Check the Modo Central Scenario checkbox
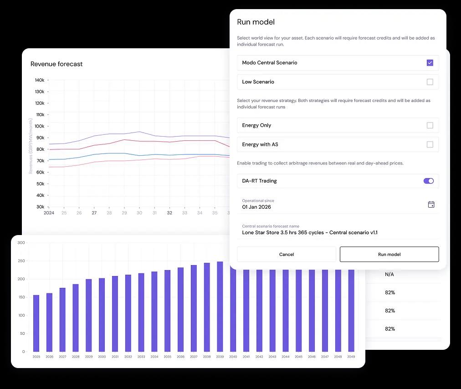430,63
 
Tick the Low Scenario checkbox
430,82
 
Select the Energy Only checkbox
430,125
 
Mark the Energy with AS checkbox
430,144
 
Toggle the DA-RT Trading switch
428,181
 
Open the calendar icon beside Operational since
431,205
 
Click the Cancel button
287,254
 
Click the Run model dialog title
256,22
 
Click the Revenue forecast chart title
56,64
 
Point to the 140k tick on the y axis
39,80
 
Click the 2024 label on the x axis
49,213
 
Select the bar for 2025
36,323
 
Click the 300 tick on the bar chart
21,243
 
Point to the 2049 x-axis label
351,357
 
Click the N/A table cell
389,274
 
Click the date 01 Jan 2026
256,207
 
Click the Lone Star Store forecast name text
310,232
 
